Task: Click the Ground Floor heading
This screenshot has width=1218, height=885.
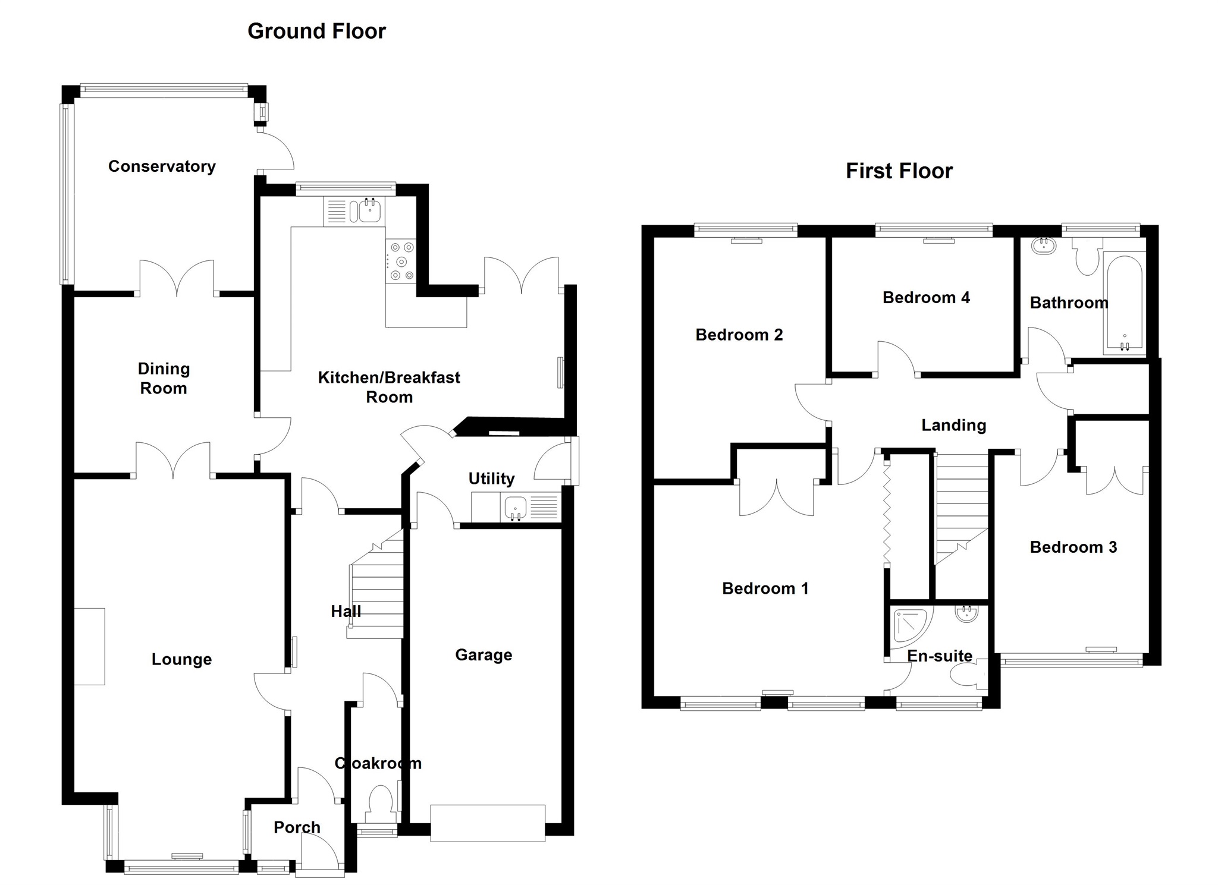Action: (x=316, y=31)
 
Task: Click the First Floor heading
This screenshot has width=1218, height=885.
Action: (x=899, y=171)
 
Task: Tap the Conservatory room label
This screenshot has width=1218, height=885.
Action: (x=162, y=166)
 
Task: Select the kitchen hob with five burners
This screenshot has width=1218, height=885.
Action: (x=400, y=261)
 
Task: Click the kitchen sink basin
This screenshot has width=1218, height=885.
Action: (x=370, y=210)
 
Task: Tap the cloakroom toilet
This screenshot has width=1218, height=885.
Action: (x=381, y=800)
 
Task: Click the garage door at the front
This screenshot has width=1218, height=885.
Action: (x=488, y=823)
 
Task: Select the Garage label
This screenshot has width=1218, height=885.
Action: (x=484, y=655)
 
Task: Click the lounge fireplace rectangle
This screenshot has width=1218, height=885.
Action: (x=90, y=646)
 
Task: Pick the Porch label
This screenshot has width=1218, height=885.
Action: (x=297, y=827)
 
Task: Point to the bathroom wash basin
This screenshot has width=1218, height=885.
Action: (x=1044, y=245)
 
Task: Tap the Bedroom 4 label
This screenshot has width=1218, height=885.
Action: (x=926, y=298)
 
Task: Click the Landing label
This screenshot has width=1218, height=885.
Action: (x=953, y=425)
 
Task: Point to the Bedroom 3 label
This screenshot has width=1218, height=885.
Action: (x=1073, y=547)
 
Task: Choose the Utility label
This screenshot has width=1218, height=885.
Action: (x=491, y=478)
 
